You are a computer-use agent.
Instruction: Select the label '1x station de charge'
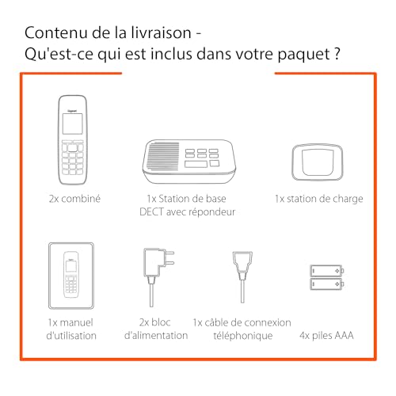(318, 199)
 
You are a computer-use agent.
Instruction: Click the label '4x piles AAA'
(325, 335)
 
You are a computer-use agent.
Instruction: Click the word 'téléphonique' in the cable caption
(242, 335)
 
